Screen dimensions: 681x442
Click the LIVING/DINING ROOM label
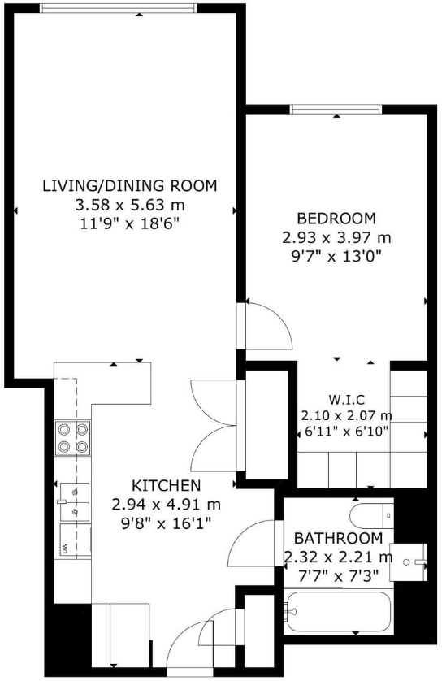[x=129, y=185]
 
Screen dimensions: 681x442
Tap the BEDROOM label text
[x=336, y=219]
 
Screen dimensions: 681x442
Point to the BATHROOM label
[x=337, y=539]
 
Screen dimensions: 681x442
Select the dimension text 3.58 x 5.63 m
[x=129, y=203]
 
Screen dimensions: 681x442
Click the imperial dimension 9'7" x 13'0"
[x=336, y=256]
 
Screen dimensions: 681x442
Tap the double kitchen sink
[x=72, y=502]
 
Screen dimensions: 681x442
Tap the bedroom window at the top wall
[x=336, y=110]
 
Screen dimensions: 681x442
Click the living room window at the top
[x=119, y=7]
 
